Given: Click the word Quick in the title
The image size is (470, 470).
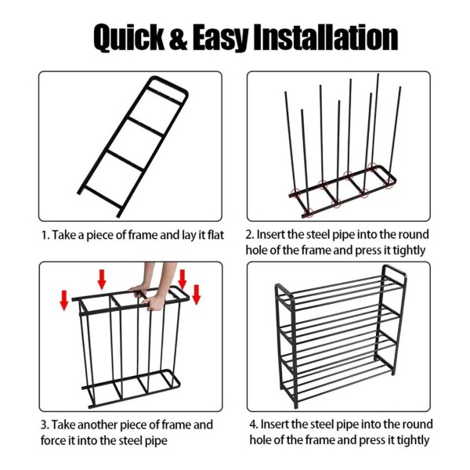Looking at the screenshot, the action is point(129,38).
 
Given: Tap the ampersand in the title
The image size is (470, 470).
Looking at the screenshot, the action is point(179,38).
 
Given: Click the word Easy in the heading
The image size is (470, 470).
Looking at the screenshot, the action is point(220,39).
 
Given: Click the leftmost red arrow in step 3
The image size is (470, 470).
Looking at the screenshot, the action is point(64,300).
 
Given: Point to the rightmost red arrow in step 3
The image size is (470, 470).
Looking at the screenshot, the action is point(197,295).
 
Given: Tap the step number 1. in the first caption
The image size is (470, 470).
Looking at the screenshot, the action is point(45,235).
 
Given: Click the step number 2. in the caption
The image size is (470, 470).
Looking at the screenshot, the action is point(250,234).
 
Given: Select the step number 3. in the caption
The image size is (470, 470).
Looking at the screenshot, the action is point(45,425).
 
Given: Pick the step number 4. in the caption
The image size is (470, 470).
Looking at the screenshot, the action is point(254,424).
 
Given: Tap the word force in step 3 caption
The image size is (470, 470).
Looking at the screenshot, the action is point(52,440).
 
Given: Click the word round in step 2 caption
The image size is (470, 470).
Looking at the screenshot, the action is point(416,234).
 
